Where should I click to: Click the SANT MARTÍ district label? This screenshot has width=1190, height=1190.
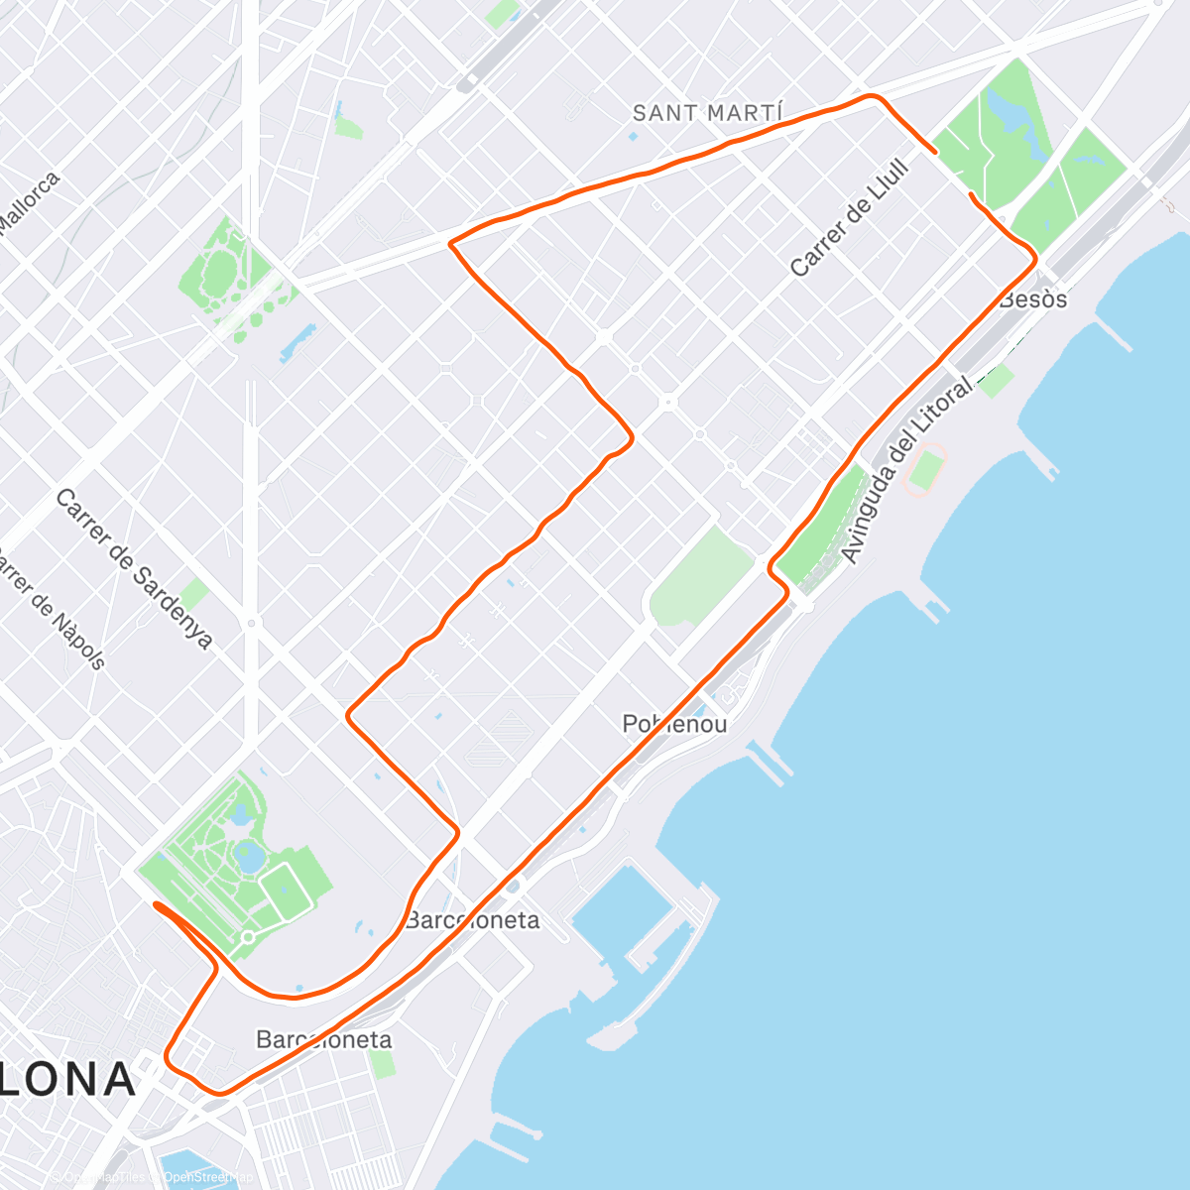coord(708,113)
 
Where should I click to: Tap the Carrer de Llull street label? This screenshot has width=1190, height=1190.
coord(850,217)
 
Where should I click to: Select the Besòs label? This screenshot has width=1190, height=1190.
coord(1034,299)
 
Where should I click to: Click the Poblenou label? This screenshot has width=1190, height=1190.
coord(674,724)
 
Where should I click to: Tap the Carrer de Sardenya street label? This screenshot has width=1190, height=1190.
coord(133,569)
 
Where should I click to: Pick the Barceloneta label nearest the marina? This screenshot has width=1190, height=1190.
coord(473,920)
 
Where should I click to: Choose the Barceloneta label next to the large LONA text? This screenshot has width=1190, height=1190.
coord(323,1039)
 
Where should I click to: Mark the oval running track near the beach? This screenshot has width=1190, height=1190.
coord(925,471)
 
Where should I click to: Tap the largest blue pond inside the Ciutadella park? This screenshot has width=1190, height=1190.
coord(249,856)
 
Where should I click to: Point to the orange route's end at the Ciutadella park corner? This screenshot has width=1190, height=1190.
coord(156,904)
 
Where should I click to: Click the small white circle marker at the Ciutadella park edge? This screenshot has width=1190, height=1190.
coord(248,936)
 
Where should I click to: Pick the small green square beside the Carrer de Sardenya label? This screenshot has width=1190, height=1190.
coord(195,593)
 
